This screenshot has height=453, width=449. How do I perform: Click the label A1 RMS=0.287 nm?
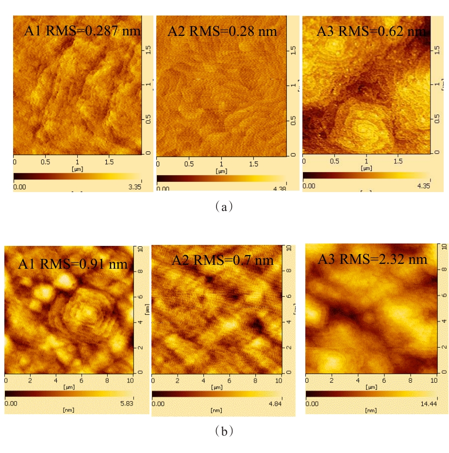[x=82, y=32]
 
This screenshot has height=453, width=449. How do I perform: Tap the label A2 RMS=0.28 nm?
[x=222, y=32]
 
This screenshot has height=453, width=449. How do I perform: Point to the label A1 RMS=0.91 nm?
[x=73, y=264]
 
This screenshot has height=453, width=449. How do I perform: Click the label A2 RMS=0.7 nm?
[x=222, y=260]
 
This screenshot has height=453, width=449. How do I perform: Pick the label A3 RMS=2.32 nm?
[x=372, y=259]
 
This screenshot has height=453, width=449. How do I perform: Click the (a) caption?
[x=224, y=207]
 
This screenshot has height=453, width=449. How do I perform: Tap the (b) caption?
[x=224, y=431]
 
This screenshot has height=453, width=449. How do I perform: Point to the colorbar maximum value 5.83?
[x=125, y=403]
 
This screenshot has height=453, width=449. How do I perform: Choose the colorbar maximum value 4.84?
[x=272, y=403]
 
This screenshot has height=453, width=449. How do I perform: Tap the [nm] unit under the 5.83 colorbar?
[x=68, y=410]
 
